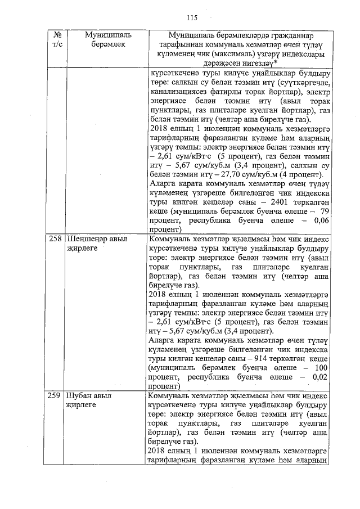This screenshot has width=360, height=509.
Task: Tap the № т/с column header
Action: [x=55, y=39]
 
